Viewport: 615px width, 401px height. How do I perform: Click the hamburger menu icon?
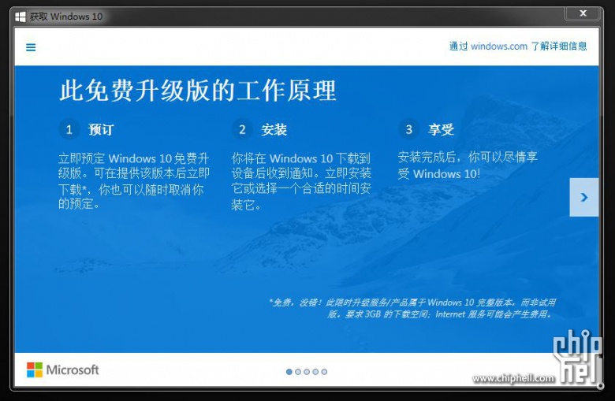31,47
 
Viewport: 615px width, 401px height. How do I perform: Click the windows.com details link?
518,46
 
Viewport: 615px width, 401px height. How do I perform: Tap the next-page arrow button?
584,197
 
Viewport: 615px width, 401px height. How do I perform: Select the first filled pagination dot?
289,372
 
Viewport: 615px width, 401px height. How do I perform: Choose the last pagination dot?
324,372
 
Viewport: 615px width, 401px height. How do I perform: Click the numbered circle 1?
69,129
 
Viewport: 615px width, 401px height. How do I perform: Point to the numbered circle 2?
242,129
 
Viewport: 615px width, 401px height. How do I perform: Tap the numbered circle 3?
408,129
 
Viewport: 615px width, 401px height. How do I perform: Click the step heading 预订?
101,129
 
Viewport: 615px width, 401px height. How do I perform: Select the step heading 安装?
274,129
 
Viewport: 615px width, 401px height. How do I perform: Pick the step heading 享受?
441,129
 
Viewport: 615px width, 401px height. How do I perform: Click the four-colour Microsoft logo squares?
35,369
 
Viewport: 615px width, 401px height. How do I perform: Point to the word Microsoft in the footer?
73,369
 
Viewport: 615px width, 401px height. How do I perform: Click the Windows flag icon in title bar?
20,17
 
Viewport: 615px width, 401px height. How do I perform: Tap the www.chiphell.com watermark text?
513,378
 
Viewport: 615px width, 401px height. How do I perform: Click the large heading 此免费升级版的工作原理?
198,90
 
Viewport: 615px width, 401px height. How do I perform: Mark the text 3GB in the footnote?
373,314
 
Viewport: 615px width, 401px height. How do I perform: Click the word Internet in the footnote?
450,314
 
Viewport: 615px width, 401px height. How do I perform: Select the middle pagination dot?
307,372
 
